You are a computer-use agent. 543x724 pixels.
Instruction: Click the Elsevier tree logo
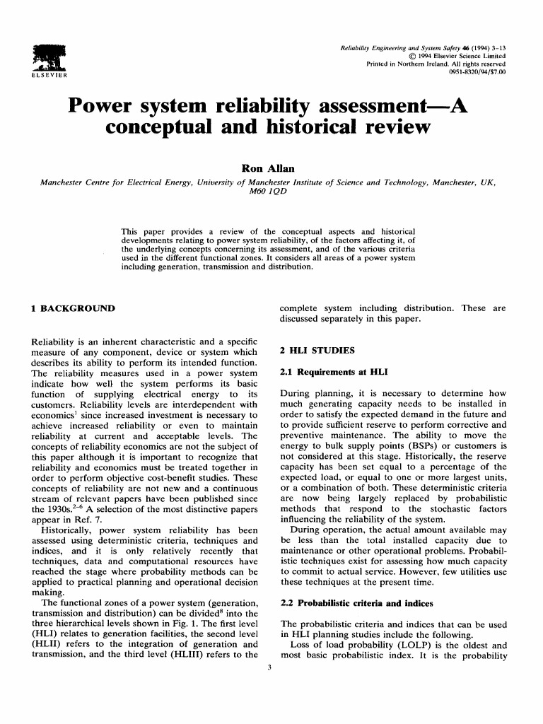43,56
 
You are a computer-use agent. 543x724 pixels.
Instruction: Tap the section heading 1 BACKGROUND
69,309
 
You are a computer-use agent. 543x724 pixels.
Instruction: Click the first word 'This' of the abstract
132,232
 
